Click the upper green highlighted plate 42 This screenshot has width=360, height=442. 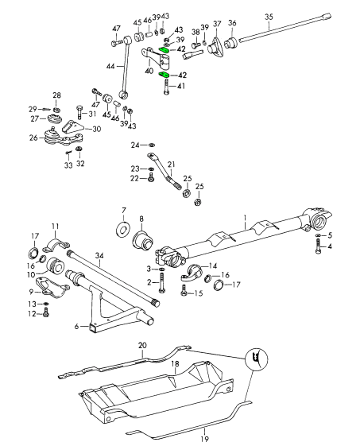point(164,50)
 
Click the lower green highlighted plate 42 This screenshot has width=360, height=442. point(164,75)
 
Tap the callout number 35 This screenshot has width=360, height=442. point(269,17)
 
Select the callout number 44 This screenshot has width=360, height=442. point(110,66)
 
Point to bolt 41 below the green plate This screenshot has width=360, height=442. point(166,87)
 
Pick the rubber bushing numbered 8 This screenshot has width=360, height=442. point(142,240)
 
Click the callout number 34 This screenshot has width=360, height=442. point(99,256)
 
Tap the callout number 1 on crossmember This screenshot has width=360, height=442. point(245,218)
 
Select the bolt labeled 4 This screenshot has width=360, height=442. point(318,246)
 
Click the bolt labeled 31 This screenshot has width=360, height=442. point(79,112)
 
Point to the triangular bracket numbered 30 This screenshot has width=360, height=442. point(72,128)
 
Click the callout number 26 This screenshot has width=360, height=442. point(33,138)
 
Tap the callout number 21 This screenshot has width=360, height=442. point(172,165)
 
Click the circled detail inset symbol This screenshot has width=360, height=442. point(257,359)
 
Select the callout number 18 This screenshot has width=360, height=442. point(175,364)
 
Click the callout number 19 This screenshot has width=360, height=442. point(205,439)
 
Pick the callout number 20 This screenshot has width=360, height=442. point(142,345)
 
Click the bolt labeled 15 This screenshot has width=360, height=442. point(184,290)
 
